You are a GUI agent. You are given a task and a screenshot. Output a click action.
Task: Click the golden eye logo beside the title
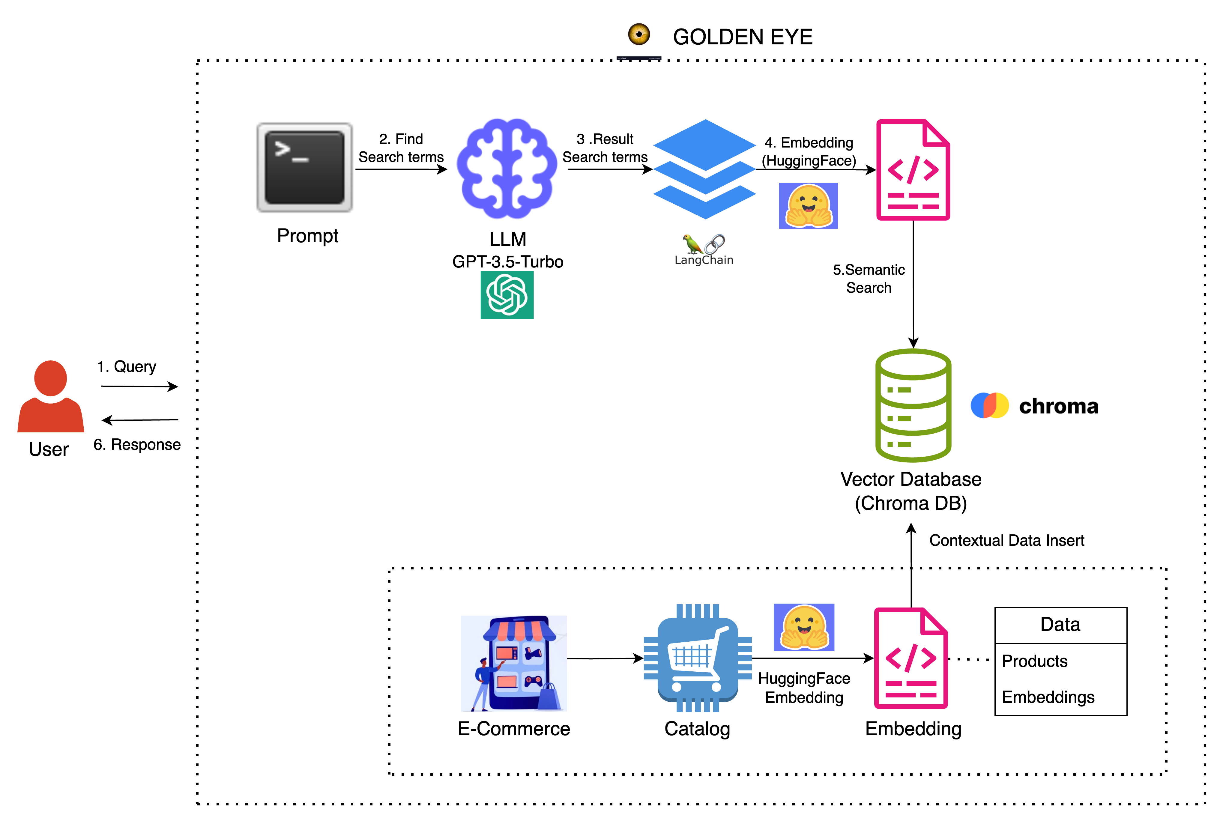(x=639, y=34)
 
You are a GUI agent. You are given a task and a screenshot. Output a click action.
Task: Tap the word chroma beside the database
(x=1058, y=406)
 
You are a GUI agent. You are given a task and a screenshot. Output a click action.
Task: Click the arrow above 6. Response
(x=139, y=420)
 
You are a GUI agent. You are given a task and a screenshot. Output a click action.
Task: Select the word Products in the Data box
(x=1034, y=661)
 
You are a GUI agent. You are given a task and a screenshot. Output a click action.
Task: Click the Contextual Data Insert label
(x=1006, y=540)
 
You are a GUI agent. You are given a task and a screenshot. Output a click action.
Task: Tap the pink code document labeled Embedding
(x=911, y=658)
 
